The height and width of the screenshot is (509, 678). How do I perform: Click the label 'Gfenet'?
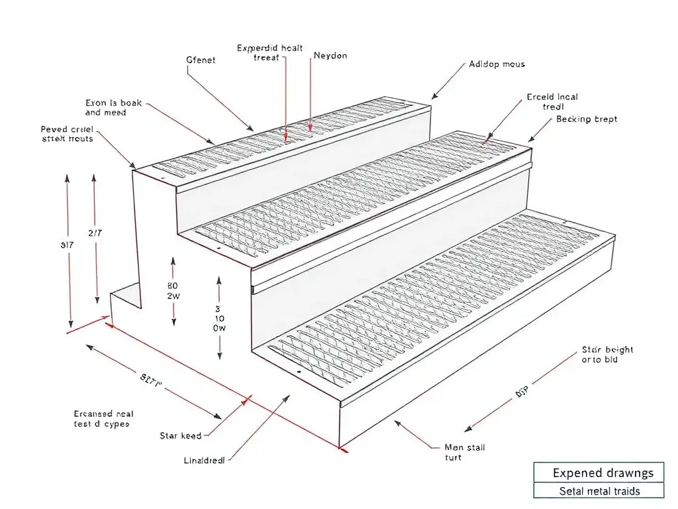(x=201, y=60)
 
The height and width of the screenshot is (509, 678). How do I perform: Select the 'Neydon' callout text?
(x=330, y=56)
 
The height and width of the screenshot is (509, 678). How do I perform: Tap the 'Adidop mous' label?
(x=497, y=64)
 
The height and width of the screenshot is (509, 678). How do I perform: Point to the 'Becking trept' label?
(x=587, y=119)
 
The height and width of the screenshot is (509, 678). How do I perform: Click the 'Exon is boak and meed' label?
(x=113, y=108)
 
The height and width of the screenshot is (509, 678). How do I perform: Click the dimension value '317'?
(x=66, y=245)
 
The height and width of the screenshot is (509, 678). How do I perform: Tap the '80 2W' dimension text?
(x=173, y=291)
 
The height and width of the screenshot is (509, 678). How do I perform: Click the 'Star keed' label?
(x=181, y=435)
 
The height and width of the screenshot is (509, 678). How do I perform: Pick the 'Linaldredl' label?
(x=204, y=459)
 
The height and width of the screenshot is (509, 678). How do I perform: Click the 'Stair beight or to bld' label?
(x=607, y=355)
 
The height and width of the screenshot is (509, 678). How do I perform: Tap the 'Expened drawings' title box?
(x=598, y=473)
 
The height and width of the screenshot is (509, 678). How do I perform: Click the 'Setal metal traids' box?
(x=598, y=491)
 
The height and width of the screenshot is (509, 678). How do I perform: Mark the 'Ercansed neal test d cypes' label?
(x=103, y=418)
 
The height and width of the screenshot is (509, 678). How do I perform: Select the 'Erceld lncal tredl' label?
(x=552, y=101)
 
